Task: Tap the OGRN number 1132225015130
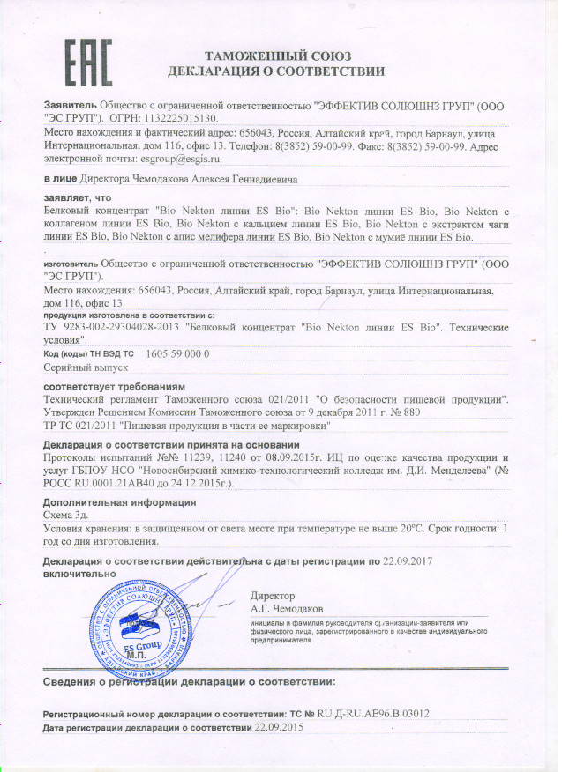(179, 116)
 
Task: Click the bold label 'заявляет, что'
(79, 200)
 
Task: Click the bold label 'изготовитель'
(71, 263)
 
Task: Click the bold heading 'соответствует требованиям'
(115, 387)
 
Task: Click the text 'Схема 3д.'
(71, 513)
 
